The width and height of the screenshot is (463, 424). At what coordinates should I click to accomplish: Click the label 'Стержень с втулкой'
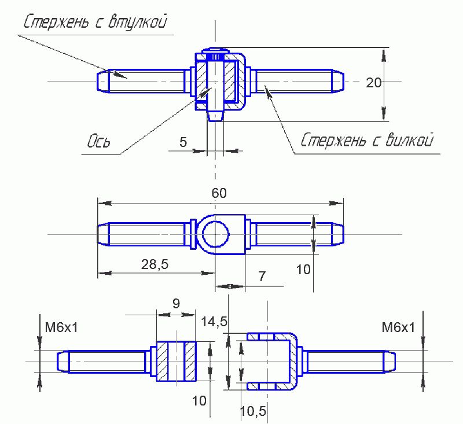pos(96,23)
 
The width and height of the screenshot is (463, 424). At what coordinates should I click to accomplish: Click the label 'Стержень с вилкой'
pos(368,141)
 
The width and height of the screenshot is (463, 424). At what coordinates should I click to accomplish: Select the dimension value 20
pos(374,83)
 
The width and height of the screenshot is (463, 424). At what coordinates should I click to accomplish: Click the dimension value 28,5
pos(155,264)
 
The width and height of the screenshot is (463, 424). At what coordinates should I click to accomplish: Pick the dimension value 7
pos(262,276)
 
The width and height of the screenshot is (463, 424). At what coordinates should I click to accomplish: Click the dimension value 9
pos(177,303)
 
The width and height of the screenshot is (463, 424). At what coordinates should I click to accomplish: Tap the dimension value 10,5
pos(252,411)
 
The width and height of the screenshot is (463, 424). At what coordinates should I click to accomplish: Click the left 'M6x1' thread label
pos(61,328)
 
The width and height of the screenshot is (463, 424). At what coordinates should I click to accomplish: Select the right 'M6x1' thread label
pos(398,328)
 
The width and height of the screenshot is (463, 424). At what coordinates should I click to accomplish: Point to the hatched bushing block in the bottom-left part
pos(177,361)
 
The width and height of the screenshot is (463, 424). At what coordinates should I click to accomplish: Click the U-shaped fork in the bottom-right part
pos(292,360)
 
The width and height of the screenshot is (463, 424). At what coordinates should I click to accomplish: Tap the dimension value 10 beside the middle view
pos(304,269)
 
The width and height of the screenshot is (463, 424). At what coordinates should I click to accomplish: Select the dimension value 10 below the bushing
pos(200,400)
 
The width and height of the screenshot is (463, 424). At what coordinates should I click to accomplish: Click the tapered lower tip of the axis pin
pos(215,116)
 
